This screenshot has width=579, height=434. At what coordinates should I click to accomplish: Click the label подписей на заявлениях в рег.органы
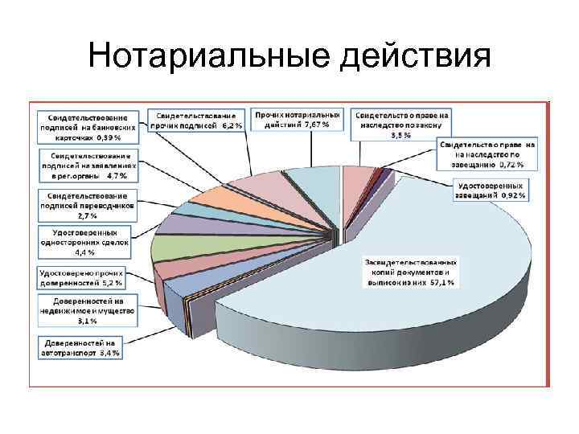point(89,164)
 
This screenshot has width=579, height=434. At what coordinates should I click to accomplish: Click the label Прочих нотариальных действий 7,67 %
point(297,120)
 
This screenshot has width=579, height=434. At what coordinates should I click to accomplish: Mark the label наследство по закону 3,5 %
point(401,125)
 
